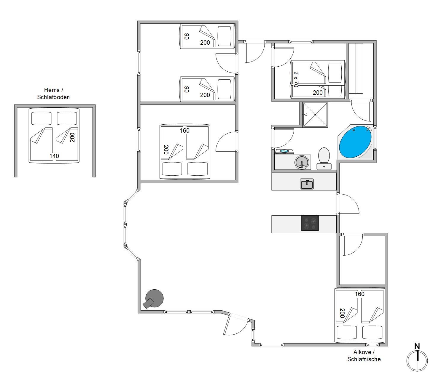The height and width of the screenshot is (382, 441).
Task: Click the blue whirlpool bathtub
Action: click(355, 142)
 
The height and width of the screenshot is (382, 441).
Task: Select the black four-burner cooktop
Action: click(310, 223)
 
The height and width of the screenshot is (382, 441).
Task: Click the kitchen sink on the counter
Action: click(307, 184)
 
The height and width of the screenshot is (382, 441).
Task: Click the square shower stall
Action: click(315, 115)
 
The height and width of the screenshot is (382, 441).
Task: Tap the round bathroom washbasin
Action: click(302, 162)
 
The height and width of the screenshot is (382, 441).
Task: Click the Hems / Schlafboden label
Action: click(53, 94)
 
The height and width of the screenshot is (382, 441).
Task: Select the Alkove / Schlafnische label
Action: click(364, 356)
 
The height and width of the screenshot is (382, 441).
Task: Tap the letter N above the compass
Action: click(417, 346)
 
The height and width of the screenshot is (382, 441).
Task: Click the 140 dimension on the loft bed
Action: click(54, 156)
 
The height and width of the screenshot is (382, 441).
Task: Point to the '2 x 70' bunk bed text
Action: click(296, 79)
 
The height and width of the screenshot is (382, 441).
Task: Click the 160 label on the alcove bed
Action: click(359, 294)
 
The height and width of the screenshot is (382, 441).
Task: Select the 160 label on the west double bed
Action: click(185, 130)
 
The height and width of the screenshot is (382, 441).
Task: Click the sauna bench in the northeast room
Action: click(356, 68)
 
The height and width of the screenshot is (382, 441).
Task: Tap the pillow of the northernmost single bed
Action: click(225, 36)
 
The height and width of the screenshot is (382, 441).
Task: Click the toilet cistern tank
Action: click(324, 167)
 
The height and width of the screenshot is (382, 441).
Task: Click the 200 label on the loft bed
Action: click(72, 137)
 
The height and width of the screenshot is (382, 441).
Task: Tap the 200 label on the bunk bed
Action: click(318, 93)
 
